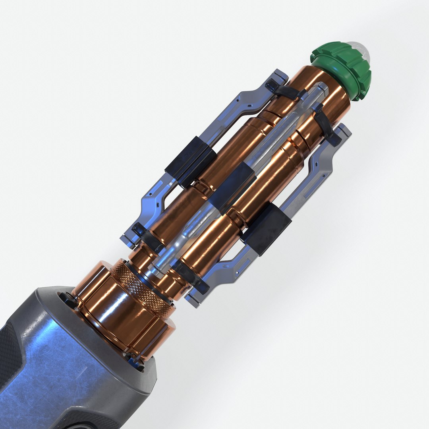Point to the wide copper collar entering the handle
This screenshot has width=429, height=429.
pyautogui.click(x=119, y=314)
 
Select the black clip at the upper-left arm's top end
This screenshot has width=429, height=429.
pyautogui.click(x=284, y=91)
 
